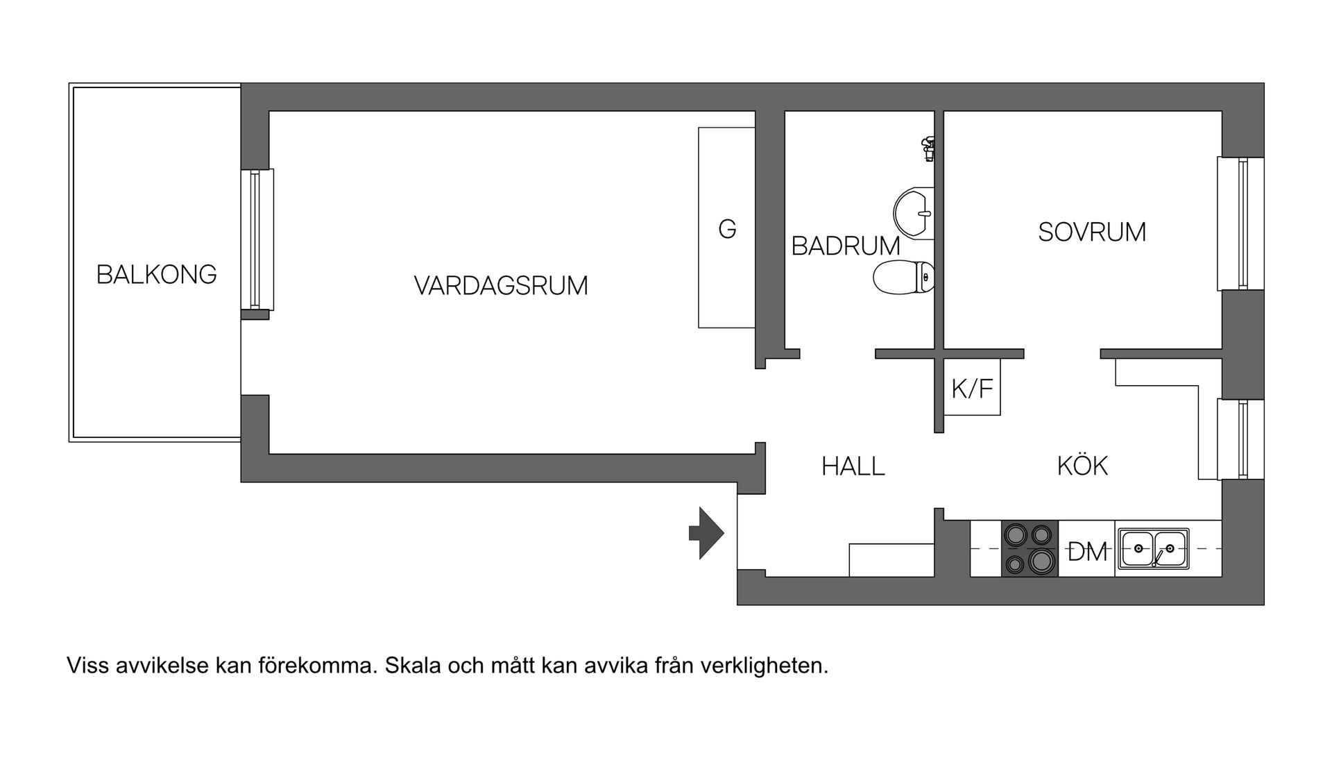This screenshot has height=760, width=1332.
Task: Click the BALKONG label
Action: tap(156, 275)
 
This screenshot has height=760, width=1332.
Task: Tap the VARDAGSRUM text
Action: tap(500, 286)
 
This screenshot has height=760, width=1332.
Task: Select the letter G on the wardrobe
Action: tap(726, 229)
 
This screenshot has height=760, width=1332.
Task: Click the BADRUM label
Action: tap(845, 246)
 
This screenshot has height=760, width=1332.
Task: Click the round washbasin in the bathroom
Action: tap(914, 212)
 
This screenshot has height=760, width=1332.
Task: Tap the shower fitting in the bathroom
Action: tap(928, 149)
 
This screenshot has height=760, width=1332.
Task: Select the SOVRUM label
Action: tap(1091, 232)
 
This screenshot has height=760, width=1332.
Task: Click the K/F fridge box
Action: tap(972, 388)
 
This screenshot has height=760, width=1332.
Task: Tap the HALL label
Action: tap(853, 466)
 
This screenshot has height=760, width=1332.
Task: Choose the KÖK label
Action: tap(1082, 466)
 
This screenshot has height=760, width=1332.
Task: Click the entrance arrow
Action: tap(706, 533)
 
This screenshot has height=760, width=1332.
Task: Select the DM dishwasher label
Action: tap(1086, 552)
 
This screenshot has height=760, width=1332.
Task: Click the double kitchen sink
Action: tap(1152, 548)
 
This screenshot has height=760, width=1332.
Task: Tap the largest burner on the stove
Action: tap(1041, 560)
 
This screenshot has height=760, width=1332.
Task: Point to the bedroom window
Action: tap(1241, 223)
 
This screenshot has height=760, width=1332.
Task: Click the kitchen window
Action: tap(1241, 439)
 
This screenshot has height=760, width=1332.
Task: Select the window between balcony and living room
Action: tap(257, 239)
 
